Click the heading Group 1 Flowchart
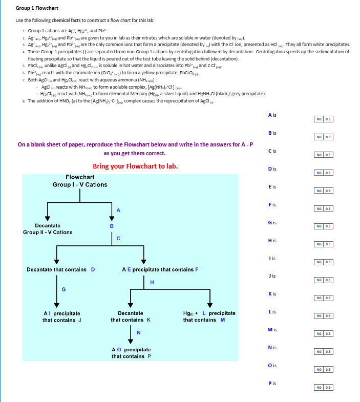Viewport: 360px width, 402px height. [37, 8]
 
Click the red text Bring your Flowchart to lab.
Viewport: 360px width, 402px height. [135, 166]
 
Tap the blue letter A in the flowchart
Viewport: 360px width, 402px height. [118, 210]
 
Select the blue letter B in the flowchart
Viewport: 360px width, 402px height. [112, 226]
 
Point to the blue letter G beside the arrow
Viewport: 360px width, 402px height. [63, 290]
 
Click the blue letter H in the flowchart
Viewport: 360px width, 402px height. [152, 282]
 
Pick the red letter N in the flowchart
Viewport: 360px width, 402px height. [138, 333]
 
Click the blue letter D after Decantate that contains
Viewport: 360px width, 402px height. [93, 269]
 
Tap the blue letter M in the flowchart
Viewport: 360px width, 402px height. [223, 320]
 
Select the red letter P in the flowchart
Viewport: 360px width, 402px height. [149, 356]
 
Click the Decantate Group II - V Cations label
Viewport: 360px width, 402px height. [48, 229]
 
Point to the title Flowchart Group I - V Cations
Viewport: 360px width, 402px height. [80, 181]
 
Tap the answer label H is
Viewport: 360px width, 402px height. [272, 240]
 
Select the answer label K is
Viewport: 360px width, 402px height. [272, 294]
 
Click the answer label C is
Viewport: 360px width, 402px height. [272, 151]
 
